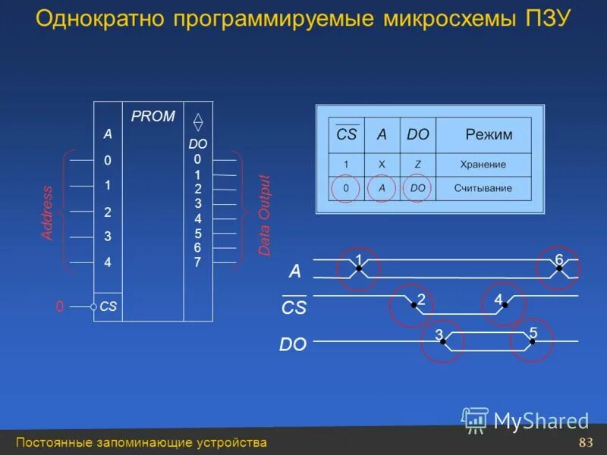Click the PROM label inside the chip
[153, 116]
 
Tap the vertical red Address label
[47, 213]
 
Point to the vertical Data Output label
[264, 215]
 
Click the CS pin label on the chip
[108, 307]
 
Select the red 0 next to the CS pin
[59, 307]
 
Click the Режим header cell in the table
[489, 135]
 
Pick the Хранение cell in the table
[483, 164]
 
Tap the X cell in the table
[381, 164]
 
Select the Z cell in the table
[417, 164]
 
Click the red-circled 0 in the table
[346, 188]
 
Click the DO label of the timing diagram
[293, 344]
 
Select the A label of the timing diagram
[295, 271]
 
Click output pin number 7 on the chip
[197, 262]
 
